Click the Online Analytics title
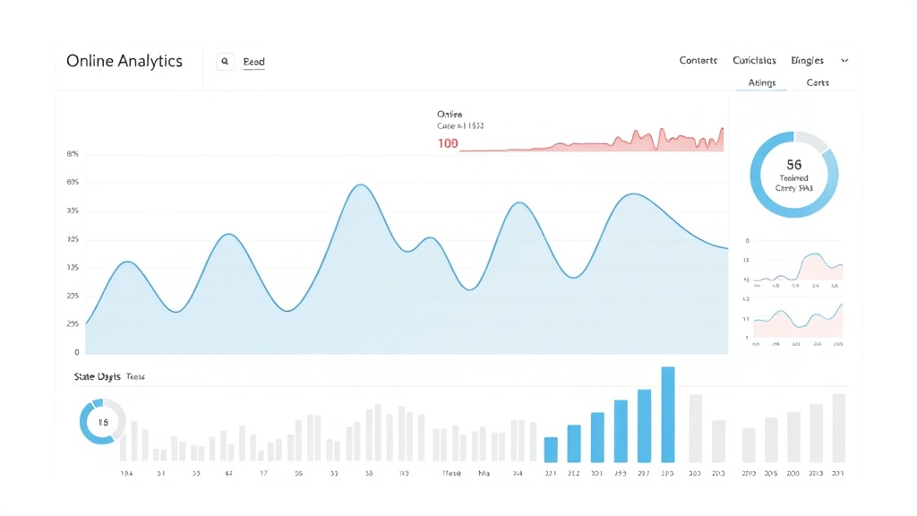124,61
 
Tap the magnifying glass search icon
225,62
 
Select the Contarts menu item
698,61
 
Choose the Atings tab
761,82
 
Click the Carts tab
818,82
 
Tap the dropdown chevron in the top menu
844,61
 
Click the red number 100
448,143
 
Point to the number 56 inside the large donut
793,165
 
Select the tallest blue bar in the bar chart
667,414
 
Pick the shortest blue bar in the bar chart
551,449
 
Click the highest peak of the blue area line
360,185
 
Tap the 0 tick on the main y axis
76,353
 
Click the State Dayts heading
98,377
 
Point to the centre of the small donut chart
102,422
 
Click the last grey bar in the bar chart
838,427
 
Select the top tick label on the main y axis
73,154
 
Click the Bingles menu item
807,61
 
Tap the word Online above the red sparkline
450,114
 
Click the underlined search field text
253,62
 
